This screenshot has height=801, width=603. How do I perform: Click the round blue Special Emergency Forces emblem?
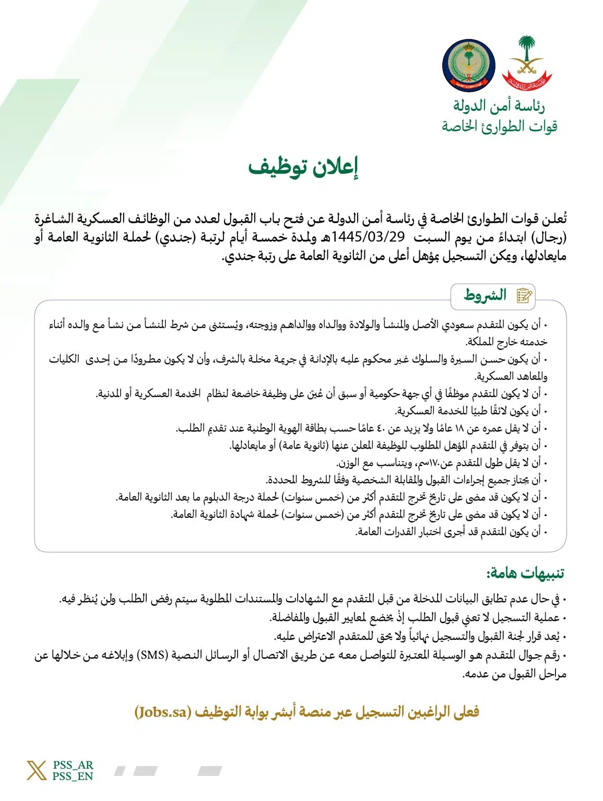(x=468, y=65)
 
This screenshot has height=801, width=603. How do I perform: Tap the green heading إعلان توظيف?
(x=303, y=167)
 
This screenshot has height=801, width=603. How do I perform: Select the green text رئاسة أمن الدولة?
(x=498, y=106)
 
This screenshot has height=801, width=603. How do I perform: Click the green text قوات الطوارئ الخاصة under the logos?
(x=499, y=126)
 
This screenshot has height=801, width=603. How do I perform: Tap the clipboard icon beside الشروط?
(x=524, y=296)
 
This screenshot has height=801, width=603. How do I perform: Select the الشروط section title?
(x=485, y=296)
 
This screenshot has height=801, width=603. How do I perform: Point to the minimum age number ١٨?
(x=459, y=429)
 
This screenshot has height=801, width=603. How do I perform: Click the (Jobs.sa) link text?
(x=163, y=712)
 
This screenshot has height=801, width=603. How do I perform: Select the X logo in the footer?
(x=37, y=770)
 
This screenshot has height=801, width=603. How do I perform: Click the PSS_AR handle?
(x=73, y=765)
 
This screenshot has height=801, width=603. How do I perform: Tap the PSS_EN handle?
(x=73, y=776)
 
